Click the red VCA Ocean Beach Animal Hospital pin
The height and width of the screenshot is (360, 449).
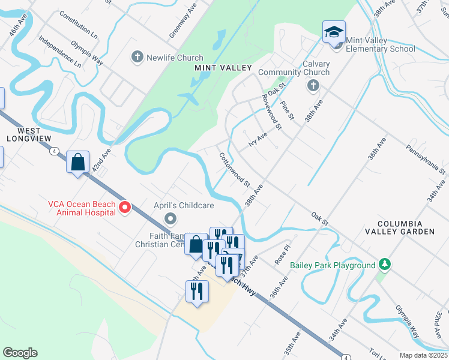pos(125,208)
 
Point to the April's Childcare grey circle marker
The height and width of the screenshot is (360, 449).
pos(170,218)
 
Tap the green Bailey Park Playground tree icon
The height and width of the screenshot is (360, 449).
pos(384,265)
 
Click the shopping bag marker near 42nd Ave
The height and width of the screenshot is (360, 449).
pos(77,162)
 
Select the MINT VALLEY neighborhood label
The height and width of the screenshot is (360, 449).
pos(223,68)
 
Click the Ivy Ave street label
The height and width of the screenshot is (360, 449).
pos(258,142)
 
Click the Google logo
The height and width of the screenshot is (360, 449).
pos(20,353)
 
